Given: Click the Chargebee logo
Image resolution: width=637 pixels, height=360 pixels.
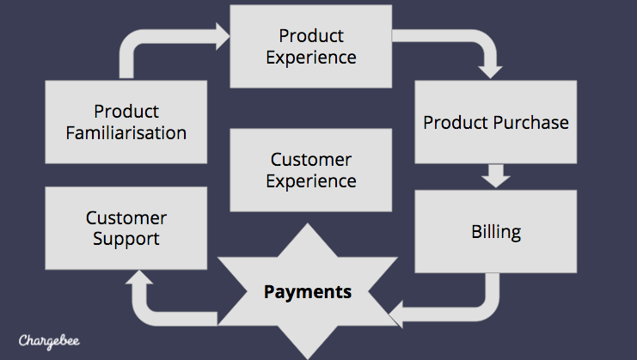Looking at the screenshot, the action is (x=49, y=341).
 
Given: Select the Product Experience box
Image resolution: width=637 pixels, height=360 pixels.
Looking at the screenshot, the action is (x=311, y=46).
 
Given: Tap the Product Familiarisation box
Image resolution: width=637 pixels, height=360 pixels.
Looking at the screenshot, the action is (x=126, y=122).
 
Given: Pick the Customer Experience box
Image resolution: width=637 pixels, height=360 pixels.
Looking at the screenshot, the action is (x=311, y=170).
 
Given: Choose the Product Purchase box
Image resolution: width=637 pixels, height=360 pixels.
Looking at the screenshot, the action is (x=496, y=122).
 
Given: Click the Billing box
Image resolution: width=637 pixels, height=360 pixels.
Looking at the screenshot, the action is (x=496, y=231).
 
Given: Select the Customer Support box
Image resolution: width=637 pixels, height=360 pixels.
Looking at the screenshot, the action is (x=126, y=228).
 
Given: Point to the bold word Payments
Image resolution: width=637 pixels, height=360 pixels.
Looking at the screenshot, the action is (x=308, y=292).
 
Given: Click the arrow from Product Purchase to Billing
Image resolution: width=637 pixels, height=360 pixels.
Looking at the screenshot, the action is (x=496, y=176).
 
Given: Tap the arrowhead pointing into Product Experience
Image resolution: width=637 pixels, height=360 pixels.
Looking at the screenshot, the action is (x=222, y=37).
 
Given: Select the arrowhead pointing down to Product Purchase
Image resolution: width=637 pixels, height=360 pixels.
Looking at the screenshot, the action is (x=490, y=72).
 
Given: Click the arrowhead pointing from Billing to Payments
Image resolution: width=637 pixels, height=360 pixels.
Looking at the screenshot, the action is (x=396, y=314).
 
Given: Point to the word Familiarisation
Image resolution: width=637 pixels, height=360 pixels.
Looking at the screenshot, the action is (x=126, y=133).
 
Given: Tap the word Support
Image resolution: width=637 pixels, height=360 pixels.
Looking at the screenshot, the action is (x=126, y=239).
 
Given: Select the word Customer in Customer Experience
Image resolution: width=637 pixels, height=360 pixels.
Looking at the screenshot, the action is (x=311, y=160).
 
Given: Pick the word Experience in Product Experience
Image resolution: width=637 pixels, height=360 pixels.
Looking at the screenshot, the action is (x=311, y=58).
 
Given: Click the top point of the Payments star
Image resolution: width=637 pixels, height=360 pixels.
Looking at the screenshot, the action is (x=308, y=223).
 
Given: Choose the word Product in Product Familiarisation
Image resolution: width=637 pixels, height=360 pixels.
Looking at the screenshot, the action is (x=126, y=112).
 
